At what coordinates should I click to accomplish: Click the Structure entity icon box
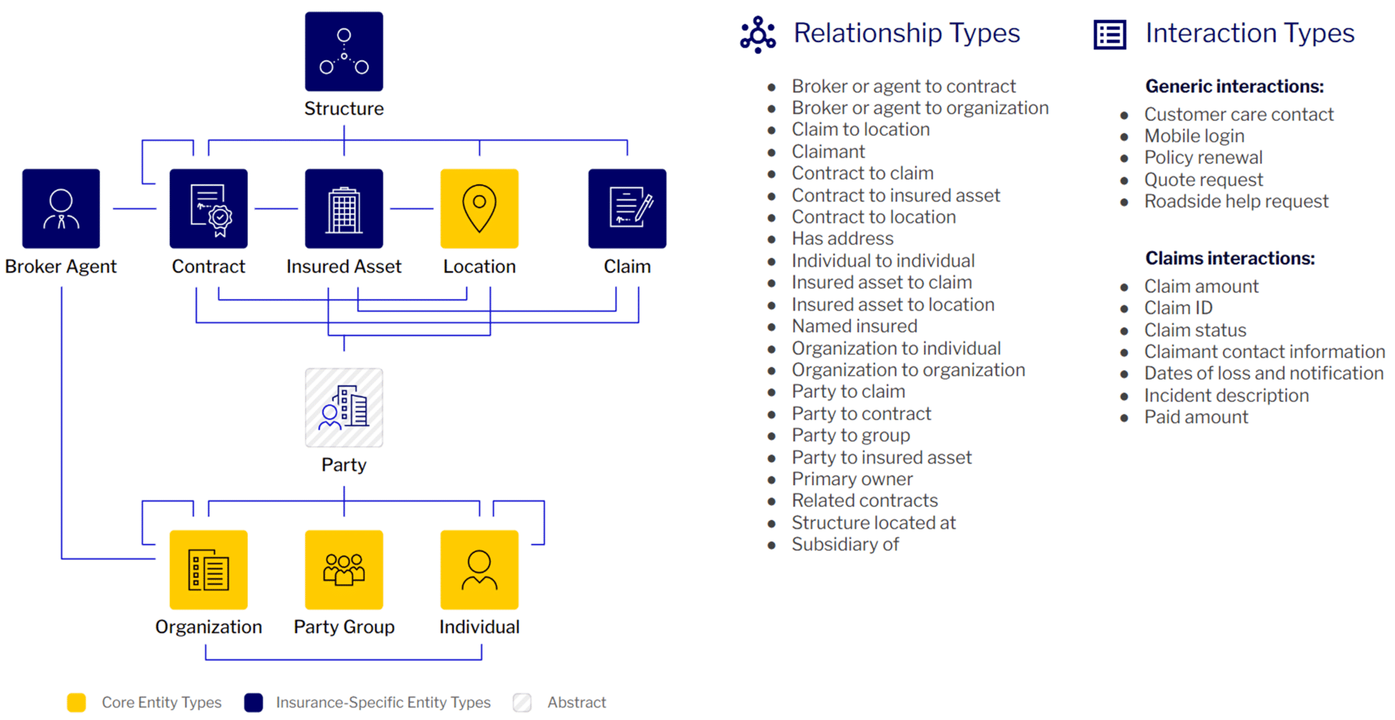coord(343,51)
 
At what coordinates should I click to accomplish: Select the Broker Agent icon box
coord(60,208)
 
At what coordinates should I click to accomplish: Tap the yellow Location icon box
coord(478,208)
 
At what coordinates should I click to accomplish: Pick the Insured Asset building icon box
coord(343,208)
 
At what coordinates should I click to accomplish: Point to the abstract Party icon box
coord(343,407)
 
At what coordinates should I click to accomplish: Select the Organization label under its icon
coord(208,626)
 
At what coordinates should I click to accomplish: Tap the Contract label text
coord(208,266)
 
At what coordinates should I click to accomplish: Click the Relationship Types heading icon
coord(757,34)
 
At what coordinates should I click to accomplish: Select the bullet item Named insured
coord(853,326)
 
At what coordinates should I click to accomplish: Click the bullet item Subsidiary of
coord(844,544)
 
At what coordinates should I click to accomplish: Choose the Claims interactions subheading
coord(1229,258)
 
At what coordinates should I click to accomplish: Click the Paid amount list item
coord(1195,417)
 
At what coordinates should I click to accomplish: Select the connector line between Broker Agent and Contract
coord(134,208)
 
